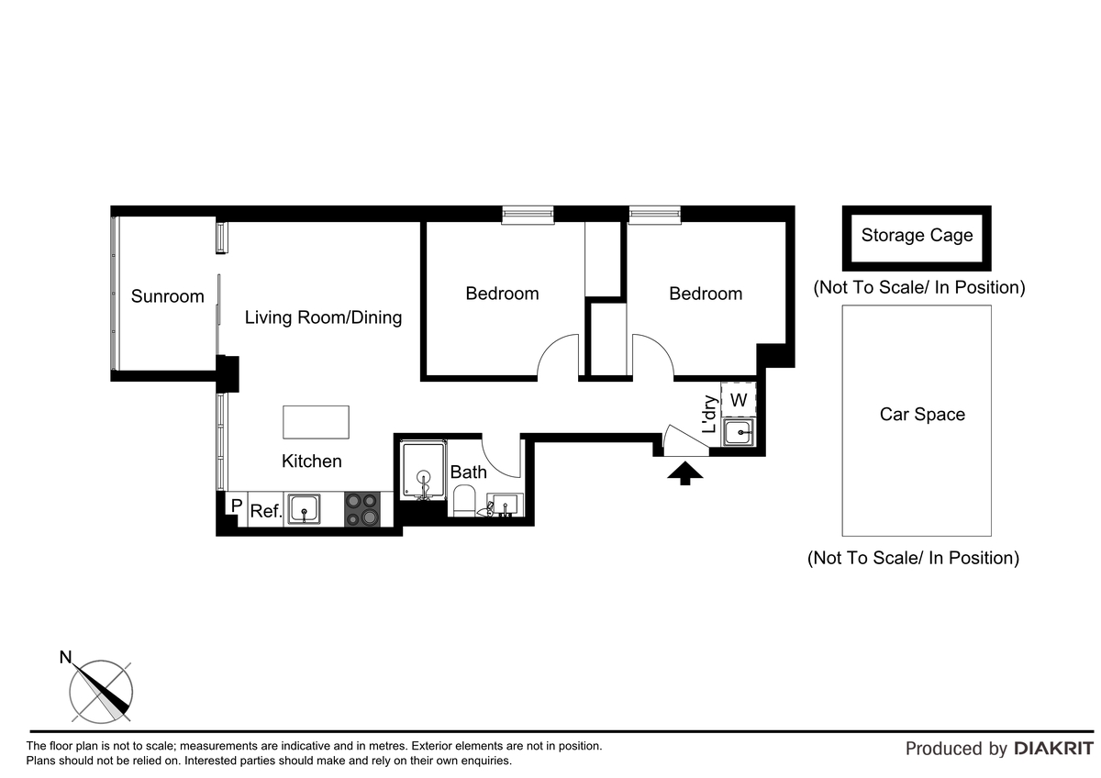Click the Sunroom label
(x=167, y=296)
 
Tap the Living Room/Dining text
(x=323, y=317)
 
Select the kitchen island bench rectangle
(x=316, y=422)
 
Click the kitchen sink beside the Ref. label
(x=303, y=508)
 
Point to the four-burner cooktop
(x=362, y=509)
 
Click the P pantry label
(x=236, y=506)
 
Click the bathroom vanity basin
(x=504, y=506)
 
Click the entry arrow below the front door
(x=684, y=472)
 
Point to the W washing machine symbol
(x=739, y=400)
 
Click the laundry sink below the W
(x=739, y=431)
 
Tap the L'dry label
(x=709, y=415)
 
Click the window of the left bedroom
(x=528, y=215)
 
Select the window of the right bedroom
(x=655, y=215)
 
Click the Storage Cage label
(x=917, y=235)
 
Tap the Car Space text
(x=922, y=414)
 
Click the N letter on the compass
(x=65, y=657)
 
